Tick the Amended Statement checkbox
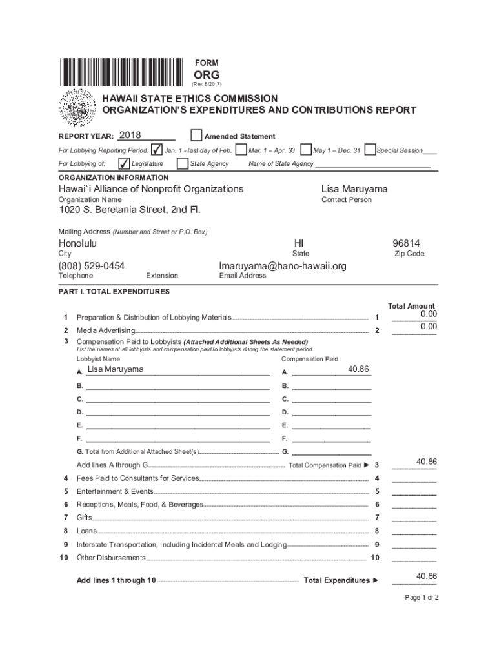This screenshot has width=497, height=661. (196, 136)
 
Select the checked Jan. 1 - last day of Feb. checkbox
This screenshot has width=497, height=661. (157, 150)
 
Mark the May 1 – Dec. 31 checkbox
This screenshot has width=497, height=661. (305, 150)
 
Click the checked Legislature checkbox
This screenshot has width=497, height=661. (125, 163)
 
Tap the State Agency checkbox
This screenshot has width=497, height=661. (183, 163)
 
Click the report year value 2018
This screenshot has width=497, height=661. (130, 136)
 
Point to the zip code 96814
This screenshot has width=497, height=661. (406, 243)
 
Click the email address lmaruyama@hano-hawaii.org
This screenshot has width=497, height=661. (283, 266)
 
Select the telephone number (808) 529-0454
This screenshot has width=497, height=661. (92, 266)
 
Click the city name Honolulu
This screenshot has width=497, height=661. (77, 243)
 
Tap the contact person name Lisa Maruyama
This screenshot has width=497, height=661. (354, 189)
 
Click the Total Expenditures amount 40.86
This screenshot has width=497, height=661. (426, 576)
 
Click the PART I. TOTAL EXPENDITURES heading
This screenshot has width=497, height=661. (114, 292)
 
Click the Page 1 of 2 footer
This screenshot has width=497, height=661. (421, 597)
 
